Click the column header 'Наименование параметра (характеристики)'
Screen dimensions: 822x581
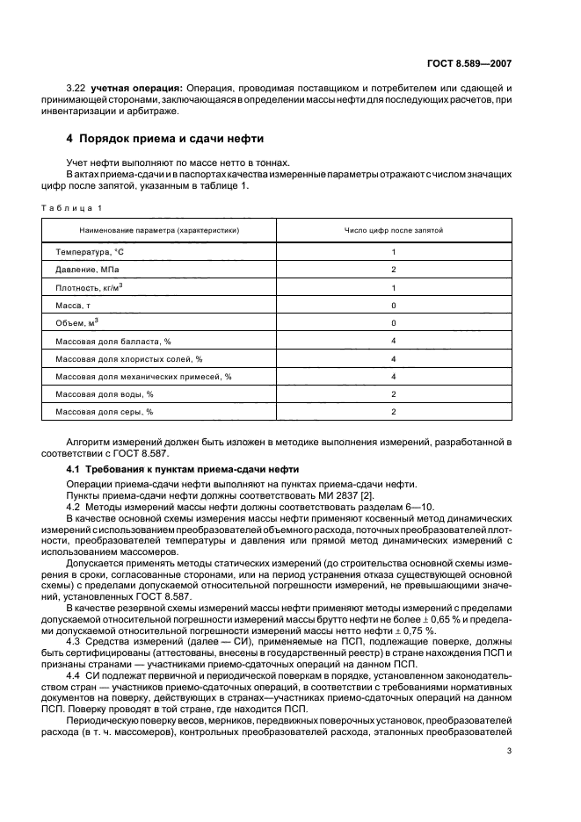point(159,230)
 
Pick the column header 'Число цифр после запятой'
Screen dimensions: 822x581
point(393,230)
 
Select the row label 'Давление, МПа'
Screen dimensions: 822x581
point(87,270)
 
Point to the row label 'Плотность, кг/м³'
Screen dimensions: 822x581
point(89,287)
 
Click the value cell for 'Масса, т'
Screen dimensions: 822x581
point(393,305)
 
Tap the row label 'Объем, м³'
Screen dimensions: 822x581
point(76,322)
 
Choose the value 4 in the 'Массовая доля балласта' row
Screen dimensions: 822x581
point(393,341)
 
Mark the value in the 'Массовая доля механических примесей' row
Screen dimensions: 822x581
point(393,376)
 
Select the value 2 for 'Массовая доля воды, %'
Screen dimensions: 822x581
point(393,393)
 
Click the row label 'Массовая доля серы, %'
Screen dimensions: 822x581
point(105,411)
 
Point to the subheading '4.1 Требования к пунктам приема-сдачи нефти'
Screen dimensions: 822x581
point(183,470)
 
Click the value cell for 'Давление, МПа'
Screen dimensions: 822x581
point(393,270)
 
